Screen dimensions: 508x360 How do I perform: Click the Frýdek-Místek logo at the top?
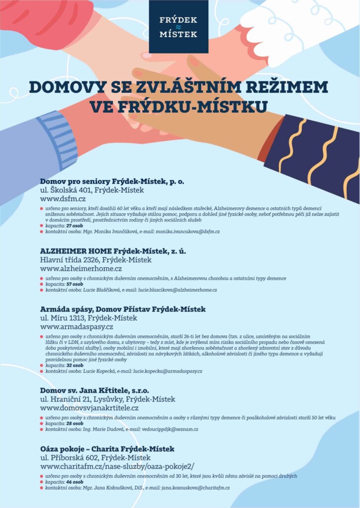pos(178,27)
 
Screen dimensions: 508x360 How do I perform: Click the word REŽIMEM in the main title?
pos(283,87)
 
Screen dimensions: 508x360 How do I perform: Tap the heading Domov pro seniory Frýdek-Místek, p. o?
pos(112,181)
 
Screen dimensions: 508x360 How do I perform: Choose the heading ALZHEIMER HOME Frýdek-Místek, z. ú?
pos(113,251)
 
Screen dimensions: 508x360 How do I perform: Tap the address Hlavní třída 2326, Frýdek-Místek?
pos(96,260)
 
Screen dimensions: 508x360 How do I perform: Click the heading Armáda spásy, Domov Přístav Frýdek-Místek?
pos(122,309)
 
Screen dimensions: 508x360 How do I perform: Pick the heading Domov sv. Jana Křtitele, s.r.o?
pos(94,390)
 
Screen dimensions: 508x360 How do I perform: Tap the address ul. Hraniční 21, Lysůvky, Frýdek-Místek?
pos(108,399)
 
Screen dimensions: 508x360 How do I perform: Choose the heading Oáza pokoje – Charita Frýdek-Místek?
pos(107,449)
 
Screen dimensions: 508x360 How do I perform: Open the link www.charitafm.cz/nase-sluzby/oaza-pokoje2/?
pos(117,467)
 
